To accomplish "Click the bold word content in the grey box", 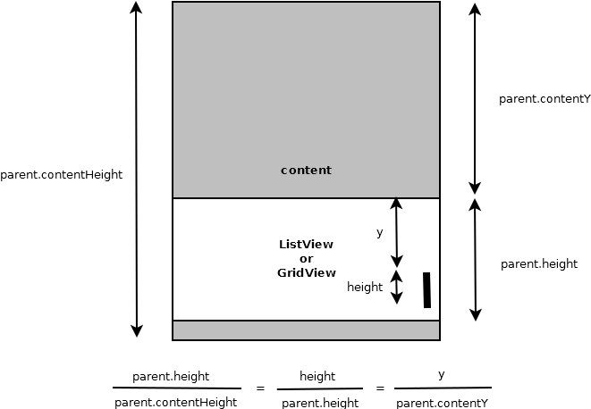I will (306, 170).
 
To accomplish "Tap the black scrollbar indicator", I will (426, 290).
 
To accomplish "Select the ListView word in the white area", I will (306, 244).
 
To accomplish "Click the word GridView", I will (306, 272).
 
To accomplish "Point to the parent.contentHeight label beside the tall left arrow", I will (61, 175).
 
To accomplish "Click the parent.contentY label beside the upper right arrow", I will (545, 99).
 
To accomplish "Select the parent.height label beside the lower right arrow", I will (539, 263).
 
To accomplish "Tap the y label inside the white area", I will (379, 232).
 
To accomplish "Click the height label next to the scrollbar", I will (365, 288).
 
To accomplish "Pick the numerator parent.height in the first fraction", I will (171, 377).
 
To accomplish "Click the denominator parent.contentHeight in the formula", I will (176, 402).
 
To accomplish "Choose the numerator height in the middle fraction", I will (317, 377).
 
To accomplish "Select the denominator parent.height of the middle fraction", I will (320, 403).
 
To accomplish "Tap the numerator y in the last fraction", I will (442, 375).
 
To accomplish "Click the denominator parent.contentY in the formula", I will (442, 403).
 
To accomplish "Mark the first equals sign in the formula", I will (260, 388).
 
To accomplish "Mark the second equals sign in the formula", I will (379, 388).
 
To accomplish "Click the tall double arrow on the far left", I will (136, 169).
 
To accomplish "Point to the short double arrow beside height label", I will (397, 288).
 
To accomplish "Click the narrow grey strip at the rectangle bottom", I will (306, 330).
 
